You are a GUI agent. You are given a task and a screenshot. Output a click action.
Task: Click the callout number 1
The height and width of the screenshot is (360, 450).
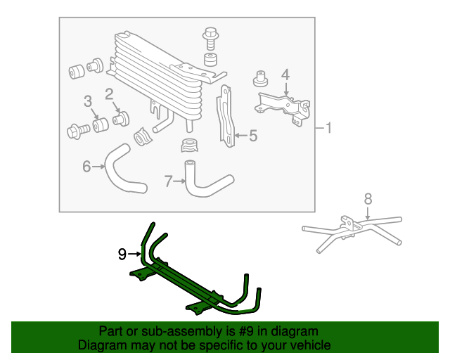coord(328,129)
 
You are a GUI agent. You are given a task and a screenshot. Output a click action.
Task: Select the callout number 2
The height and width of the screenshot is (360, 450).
coord(110,94)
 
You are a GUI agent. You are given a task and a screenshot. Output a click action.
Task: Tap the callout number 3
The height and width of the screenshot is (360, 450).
coord(88,102)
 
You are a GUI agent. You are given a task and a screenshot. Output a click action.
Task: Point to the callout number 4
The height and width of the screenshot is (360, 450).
coord(285,74)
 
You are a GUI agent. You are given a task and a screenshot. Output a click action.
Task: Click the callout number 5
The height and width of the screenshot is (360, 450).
coord(253,136)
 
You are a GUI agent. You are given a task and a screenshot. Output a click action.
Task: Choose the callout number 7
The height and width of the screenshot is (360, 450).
coord(169,182)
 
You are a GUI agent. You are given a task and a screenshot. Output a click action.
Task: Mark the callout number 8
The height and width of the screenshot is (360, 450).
coord(367,199)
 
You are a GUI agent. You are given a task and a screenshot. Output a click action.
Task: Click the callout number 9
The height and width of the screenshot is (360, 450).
coord(122,253)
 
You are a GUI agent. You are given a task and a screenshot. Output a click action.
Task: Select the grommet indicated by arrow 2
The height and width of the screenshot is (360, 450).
coord(122,117)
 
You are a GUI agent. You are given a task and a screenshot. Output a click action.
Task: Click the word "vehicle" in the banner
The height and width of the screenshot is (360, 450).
coord(309,345)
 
